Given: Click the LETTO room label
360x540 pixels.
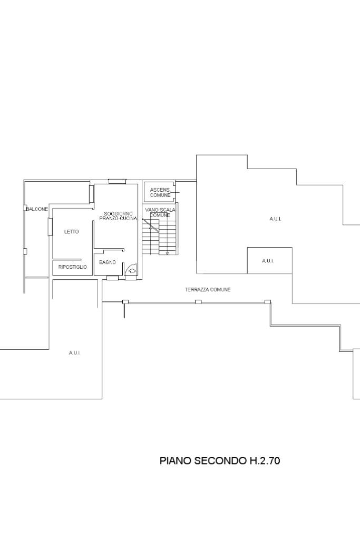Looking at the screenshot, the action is coord(71,232).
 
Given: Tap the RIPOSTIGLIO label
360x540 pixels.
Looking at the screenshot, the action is coord(73,267).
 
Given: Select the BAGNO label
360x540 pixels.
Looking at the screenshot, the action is coord(108,262).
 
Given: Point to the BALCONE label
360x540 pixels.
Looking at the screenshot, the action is coord(37,209).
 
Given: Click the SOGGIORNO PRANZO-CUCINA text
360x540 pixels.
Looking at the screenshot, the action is coord(118,217).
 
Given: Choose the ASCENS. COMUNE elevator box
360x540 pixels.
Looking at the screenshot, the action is coord(160,192).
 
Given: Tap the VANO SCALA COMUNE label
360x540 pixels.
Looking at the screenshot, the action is coord(160,212).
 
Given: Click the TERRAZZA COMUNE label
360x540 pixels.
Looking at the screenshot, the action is coord(208,290).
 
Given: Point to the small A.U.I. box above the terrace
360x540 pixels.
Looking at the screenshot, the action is coord(270,260).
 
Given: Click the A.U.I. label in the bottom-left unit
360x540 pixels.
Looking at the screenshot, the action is coord(74,353).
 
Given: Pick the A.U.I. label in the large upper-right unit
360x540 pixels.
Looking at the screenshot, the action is coord(275,219).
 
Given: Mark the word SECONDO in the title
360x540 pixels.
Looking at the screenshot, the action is coord(220,461).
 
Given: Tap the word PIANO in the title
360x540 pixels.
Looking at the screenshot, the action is coord(176,461).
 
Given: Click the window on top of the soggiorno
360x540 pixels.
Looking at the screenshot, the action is coord(117,182).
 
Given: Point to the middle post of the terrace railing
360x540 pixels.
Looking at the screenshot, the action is coord(198,302).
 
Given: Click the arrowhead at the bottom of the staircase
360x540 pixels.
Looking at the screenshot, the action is coord(167,253).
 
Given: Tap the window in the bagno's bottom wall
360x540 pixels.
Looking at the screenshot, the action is coord(112,278).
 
